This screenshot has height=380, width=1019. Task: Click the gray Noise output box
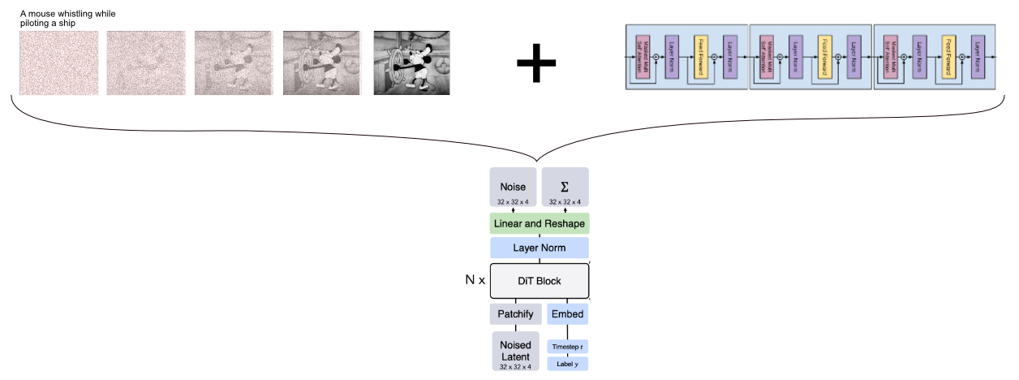513,188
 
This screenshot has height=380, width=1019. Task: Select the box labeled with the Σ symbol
565,188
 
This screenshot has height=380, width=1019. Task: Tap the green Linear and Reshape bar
540,223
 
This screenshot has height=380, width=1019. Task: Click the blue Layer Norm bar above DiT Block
540,248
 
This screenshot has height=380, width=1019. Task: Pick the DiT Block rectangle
540,281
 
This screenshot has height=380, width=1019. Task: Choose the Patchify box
514,314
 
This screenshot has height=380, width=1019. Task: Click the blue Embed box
566,314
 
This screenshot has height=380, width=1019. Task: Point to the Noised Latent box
515,351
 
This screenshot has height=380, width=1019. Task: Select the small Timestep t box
567,346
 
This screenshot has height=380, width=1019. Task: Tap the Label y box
567,364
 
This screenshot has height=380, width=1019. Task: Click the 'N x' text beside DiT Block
475,281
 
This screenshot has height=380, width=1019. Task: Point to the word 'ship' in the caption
67,23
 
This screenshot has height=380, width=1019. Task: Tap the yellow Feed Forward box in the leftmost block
702,57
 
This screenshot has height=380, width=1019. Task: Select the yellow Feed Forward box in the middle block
825,57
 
